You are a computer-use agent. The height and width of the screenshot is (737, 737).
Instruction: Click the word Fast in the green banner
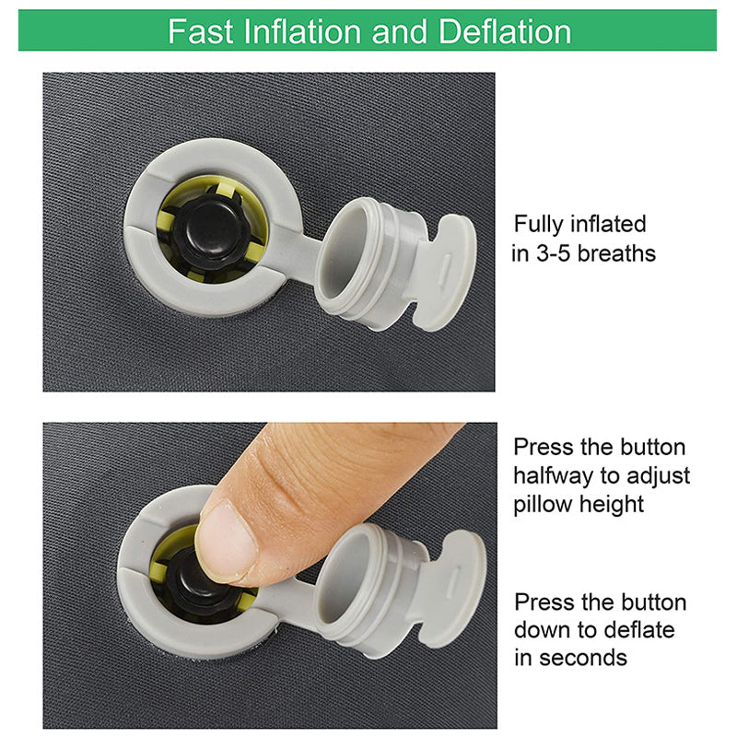click(200, 32)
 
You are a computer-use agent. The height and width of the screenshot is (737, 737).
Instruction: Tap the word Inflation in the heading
click(302, 32)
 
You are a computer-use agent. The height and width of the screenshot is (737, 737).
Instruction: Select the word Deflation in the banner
click(504, 32)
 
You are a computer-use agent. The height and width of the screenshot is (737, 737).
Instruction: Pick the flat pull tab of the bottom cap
click(452, 589)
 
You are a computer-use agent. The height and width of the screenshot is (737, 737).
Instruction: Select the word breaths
click(616, 254)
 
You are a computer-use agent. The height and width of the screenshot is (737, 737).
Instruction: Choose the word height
click(611, 505)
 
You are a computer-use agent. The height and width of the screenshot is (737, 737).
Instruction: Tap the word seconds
click(583, 658)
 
